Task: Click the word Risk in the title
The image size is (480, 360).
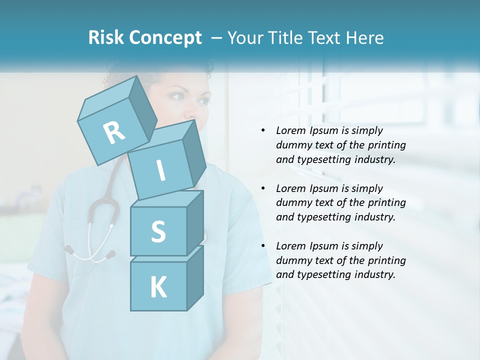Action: pos(107,38)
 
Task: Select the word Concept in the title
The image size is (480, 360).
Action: pos(165,38)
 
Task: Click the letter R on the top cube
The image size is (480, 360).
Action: pos(114,132)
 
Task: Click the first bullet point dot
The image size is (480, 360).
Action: pos(263,131)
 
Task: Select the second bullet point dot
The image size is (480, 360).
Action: pos(263,188)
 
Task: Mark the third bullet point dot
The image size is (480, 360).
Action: pos(263,246)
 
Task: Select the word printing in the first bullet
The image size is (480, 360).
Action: pos(387,145)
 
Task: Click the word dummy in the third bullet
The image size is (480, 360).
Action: pos(293,260)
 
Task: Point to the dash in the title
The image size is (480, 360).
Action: pos(216,38)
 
